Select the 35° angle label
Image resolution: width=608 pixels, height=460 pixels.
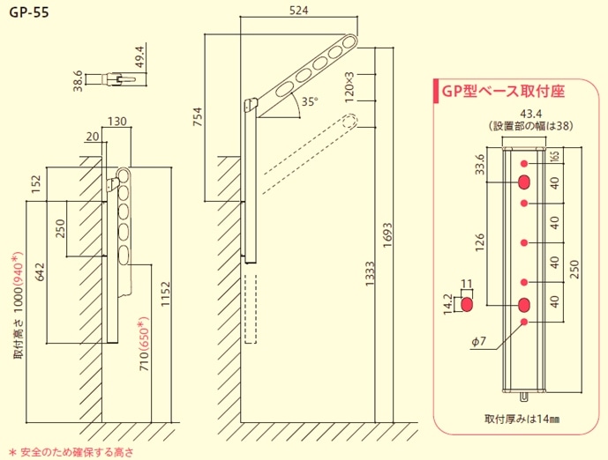tap(309, 101)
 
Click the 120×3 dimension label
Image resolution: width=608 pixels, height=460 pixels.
tap(349, 90)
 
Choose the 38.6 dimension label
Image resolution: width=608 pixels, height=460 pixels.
tap(78, 81)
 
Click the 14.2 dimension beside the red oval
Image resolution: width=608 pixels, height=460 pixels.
tap(448, 304)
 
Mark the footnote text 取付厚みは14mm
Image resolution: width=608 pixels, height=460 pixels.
tap(522, 419)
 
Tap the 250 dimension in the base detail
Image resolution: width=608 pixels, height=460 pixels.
tap(575, 270)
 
